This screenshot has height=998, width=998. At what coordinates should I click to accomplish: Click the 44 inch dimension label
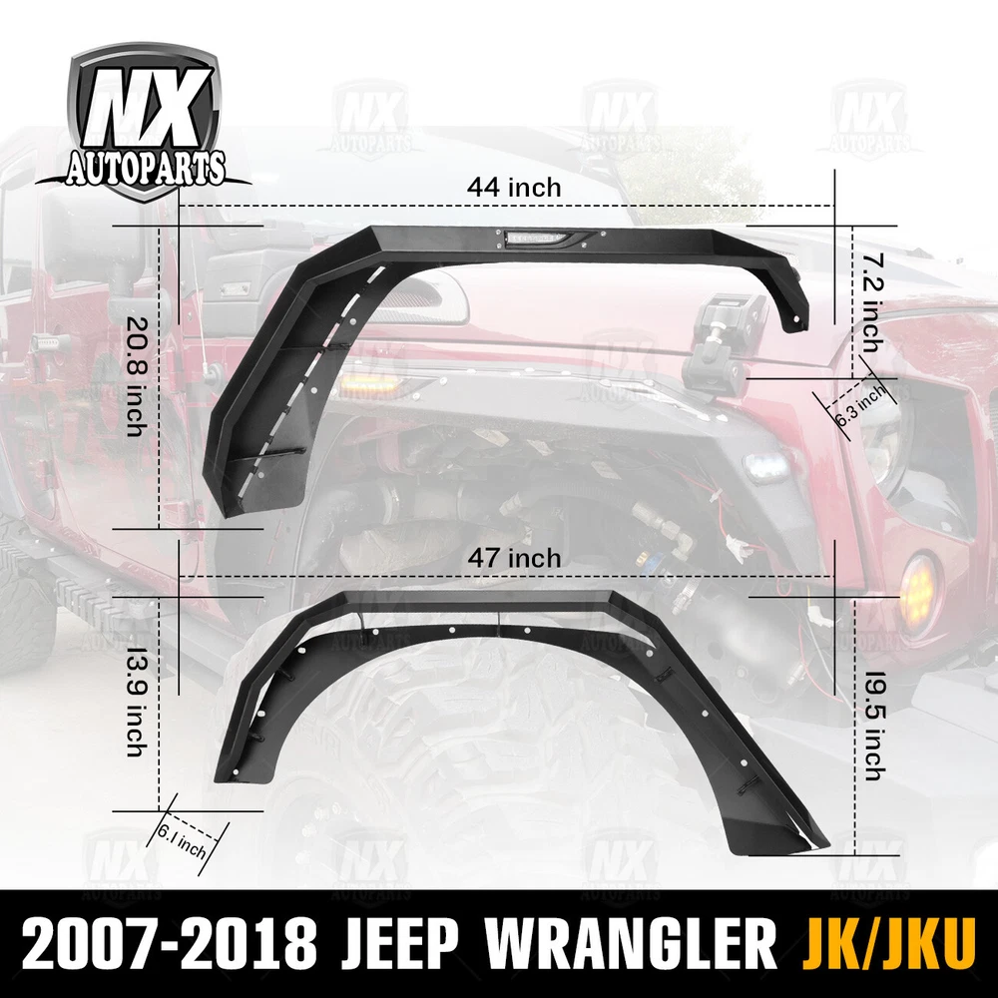pos(514,188)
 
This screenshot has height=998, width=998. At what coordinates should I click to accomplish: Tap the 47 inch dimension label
pos(515,558)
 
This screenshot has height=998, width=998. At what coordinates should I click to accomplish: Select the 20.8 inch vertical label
pos(136,377)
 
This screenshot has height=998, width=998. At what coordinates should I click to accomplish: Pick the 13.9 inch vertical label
pos(136,703)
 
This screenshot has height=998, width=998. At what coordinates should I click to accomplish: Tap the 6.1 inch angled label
pos(182,840)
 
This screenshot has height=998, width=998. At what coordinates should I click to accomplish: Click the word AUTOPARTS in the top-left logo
pos(145,168)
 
